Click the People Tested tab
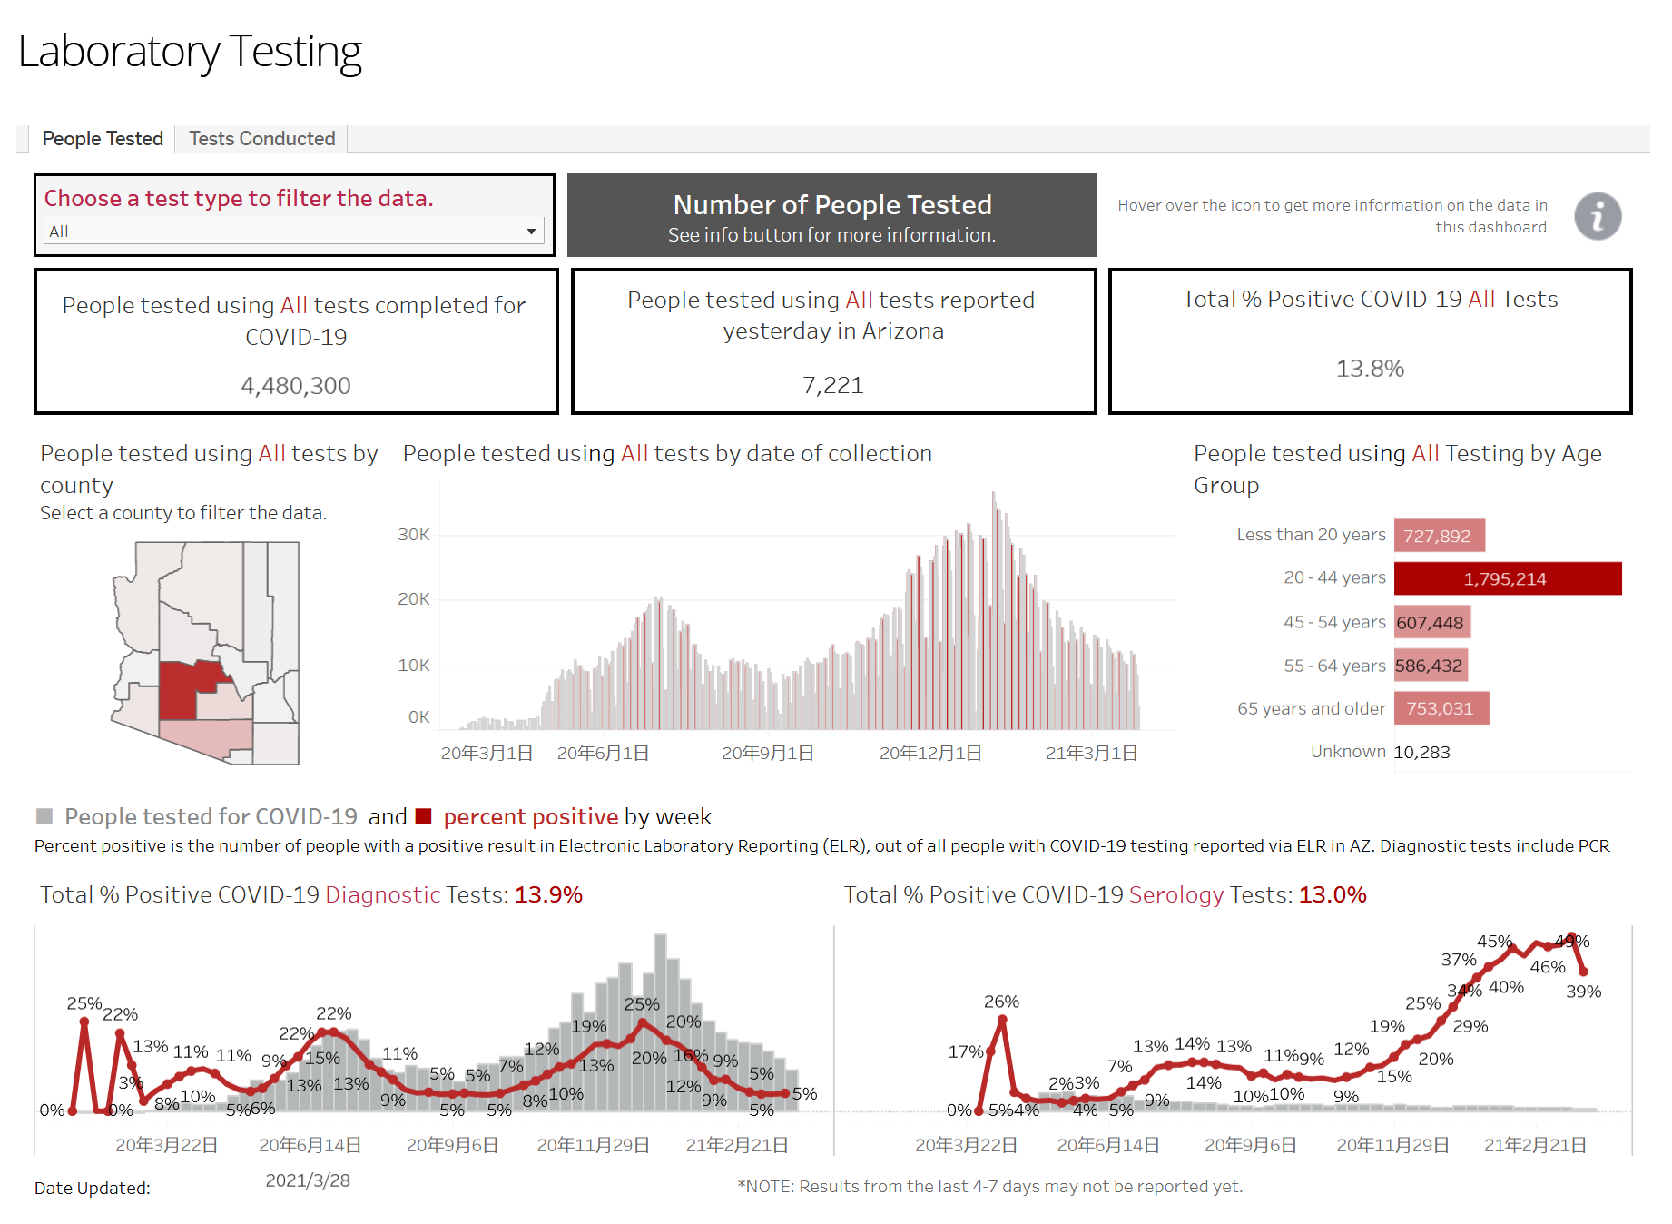click(x=103, y=139)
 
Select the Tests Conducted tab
click(x=261, y=139)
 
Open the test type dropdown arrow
click(x=531, y=232)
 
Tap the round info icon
click(x=1597, y=216)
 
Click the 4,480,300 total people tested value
click(x=296, y=386)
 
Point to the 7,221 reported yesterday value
click(x=832, y=386)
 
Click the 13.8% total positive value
click(x=1369, y=369)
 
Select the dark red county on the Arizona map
click(x=179, y=690)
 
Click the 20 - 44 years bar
click(x=1507, y=578)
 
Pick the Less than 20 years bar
click(x=1439, y=536)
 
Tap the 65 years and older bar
click(x=1441, y=708)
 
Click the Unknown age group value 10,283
click(x=1421, y=752)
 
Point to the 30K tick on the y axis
click(x=413, y=535)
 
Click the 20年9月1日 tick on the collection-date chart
click(x=767, y=753)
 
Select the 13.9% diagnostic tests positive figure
click(x=548, y=894)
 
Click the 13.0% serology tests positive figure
click(x=1332, y=894)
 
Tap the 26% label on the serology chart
click(x=1001, y=1002)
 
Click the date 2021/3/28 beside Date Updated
click(x=308, y=1180)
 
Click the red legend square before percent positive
click(x=423, y=816)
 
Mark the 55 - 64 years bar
click(x=1431, y=666)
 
